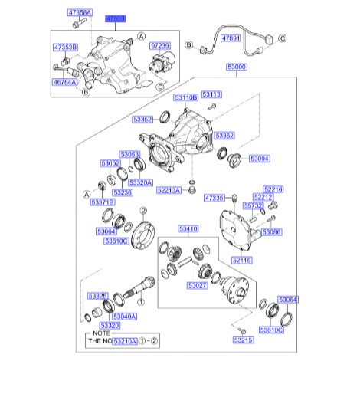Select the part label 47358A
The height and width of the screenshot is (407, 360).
click(x=80, y=14)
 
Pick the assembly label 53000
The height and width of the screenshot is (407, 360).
click(x=236, y=67)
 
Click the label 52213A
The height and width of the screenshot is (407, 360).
click(x=175, y=190)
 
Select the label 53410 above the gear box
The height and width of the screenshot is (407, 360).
click(x=188, y=228)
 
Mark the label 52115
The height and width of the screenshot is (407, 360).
click(x=241, y=261)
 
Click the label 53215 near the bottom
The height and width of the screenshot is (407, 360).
click(x=244, y=339)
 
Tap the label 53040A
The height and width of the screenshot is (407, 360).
click(x=124, y=316)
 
